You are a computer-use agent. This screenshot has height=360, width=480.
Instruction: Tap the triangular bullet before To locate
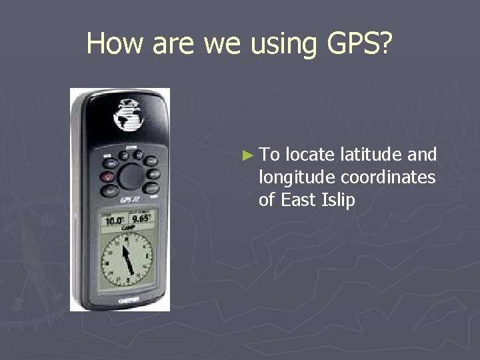[x=248, y=156]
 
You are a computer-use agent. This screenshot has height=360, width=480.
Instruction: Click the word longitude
[x=297, y=178]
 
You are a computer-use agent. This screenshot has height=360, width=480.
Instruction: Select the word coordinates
[x=388, y=178]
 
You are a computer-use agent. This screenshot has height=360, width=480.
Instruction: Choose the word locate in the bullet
[x=310, y=155]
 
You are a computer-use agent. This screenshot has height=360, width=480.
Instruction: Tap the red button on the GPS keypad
[x=107, y=177]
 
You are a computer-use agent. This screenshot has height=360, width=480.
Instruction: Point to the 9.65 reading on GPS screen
[x=141, y=219]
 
